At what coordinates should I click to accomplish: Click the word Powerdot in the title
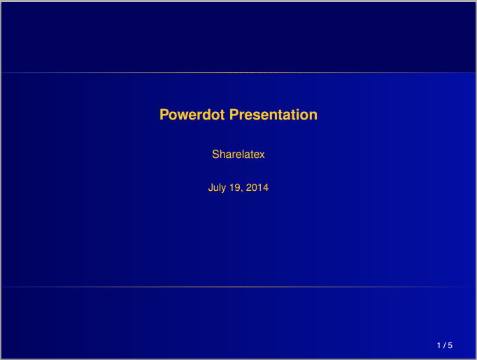pos(192,115)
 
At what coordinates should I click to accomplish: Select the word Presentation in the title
pos(273,115)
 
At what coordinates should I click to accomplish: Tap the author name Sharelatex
pos(239,154)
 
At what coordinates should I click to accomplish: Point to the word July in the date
pos(217,187)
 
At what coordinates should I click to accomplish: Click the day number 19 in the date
pos(235,187)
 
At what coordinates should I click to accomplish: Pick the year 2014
pos(257,187)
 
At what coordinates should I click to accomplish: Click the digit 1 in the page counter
pos(439,345)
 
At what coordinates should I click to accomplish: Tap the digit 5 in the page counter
pos(450,345)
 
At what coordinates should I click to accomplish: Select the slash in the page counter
pos(444,345)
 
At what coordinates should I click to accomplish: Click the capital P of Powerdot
pos(164,115)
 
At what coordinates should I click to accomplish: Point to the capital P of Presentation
pos(234,115)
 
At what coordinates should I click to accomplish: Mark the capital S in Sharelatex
pos(215,154)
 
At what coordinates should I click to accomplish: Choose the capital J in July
pos(211,187)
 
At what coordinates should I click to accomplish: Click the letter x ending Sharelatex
pos(262,155)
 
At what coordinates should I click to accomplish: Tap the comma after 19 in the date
pos(242,191)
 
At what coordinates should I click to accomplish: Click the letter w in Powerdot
pos(183,116)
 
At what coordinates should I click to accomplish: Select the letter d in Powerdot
pos(206,115)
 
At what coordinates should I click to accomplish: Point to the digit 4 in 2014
pos(266,187)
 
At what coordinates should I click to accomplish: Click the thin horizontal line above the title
pos(239,73)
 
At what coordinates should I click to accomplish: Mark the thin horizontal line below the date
pos(239,287)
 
